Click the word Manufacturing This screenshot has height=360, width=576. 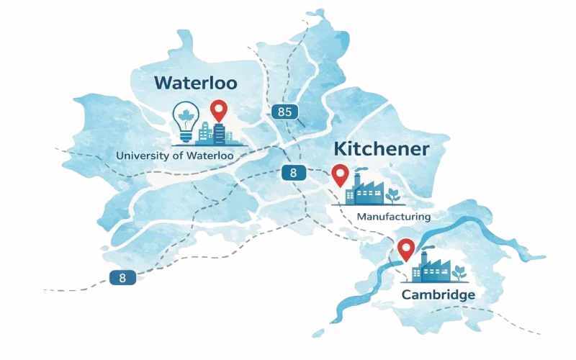pos(393,217)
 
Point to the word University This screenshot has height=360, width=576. pos(141,156)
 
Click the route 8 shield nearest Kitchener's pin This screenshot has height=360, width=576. pos(292,172)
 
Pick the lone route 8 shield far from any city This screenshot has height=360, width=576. pos(122,277)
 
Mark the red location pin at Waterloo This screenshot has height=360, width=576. pos(218,111)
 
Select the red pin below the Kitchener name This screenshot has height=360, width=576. pos(339,174)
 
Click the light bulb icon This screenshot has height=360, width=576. pos(186,122)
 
